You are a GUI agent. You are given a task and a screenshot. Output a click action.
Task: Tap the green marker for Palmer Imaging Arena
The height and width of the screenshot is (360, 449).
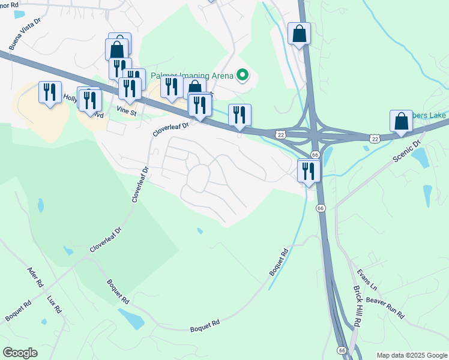(x=243, y=76)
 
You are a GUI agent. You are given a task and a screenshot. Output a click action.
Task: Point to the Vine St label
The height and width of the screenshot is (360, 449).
(x=127, y=111)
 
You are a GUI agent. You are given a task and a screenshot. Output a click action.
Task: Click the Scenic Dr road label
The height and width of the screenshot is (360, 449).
(x=409, y=151)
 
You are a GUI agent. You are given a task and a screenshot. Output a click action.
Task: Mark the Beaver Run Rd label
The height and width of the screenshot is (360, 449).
(x=385, y=307)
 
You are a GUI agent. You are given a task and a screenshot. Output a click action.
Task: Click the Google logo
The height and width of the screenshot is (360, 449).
(x=20, y=353)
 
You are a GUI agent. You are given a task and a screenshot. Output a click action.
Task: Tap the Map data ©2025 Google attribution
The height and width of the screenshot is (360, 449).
(x=412, y=355)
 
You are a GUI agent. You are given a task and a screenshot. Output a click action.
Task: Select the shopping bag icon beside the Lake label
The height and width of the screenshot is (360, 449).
(x=400, y=121)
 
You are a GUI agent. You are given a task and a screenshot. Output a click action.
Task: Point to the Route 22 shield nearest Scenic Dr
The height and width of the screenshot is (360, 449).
(x=375, y=139)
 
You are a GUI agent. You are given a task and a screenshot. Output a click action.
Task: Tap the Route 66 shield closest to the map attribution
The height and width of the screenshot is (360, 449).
(x=342, y=350)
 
